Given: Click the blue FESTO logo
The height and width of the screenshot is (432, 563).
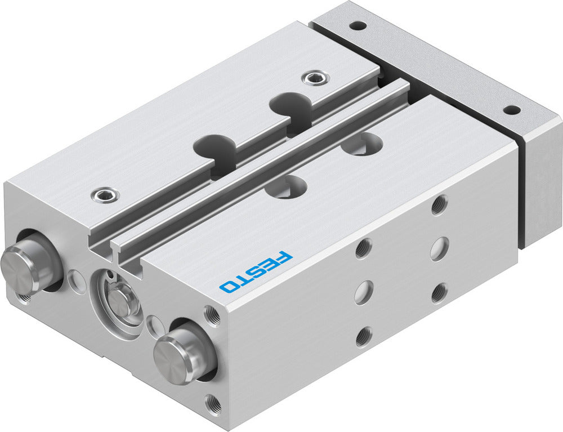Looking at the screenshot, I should coord(257,271).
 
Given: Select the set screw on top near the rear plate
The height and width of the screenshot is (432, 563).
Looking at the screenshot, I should coord(313,78).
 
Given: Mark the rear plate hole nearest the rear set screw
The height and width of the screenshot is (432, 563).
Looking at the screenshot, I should coord(356,25).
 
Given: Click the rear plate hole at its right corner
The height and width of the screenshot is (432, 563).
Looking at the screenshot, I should coord(511,110).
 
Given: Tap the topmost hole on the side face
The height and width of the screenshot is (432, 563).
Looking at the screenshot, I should coord(440,205).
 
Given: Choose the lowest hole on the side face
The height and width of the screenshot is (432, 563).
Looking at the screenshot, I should coord(364,336).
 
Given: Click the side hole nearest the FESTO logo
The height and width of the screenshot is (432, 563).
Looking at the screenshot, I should coord(364,247).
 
